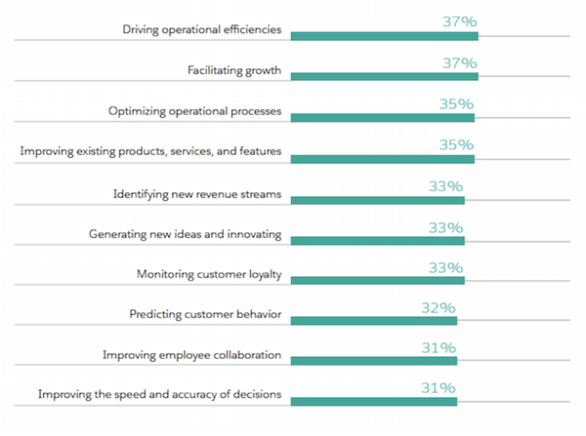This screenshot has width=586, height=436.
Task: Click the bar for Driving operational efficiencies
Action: click(x=384, y=36)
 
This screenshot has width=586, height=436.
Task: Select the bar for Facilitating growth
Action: click(x=384, y=76)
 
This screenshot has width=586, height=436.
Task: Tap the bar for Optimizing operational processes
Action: click(x=382, y=117)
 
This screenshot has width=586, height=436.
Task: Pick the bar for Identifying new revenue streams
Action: click(x=377, y=199)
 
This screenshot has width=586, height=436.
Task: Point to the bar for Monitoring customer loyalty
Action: click(x=377, y=280)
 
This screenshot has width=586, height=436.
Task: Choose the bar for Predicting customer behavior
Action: click(x=373, y=320)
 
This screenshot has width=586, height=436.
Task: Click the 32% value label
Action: click(x=437, y=307)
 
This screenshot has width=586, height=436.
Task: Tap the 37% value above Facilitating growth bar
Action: click(x=457, y=63)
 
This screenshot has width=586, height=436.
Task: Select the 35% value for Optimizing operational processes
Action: click(x=454, y=103)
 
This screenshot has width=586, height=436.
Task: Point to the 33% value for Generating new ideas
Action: click(x=445, y=226)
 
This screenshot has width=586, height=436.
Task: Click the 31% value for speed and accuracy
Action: click(x=437, y=388)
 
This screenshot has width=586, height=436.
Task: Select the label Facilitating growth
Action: click(x=234, y=71)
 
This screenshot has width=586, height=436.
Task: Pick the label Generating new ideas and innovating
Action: click(x=186, y=234)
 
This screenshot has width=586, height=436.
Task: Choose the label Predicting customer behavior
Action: click(x=205, y=315)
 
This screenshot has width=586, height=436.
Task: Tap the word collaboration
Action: click(x=244, y=356)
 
